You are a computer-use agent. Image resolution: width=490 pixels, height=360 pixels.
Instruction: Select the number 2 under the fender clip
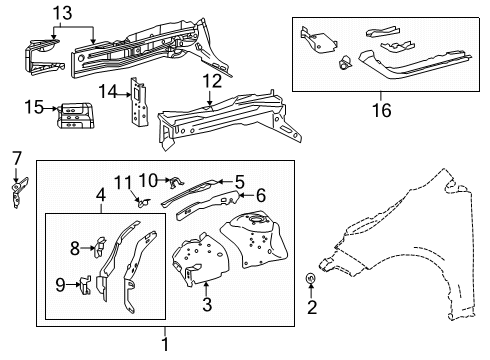(311, 307)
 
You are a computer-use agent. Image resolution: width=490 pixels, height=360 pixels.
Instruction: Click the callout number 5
(240, 181)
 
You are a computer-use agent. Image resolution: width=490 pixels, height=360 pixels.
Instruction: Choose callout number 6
(261, 196)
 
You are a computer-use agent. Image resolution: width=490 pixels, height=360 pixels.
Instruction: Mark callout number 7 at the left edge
(15, 157)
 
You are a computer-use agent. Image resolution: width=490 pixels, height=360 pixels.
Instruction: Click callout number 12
(210, 80)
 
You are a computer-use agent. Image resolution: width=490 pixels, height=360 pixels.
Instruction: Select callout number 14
(108, 92)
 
